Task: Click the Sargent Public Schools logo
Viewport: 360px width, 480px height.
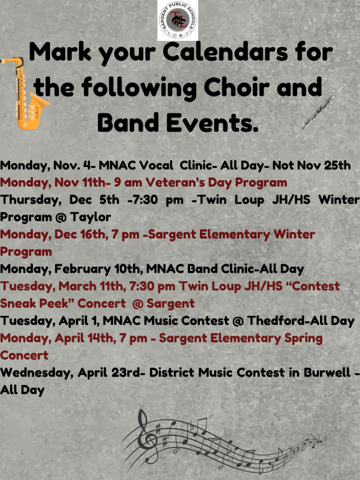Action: pyautogui.click(x=178, y=20)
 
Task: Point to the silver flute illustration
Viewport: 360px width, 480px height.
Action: pyautogui.click(x=324, y=106)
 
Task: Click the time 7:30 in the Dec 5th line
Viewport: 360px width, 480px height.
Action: pyautogui.click(x=143, y=200)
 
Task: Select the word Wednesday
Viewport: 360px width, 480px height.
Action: pyautogui.click(x=36, y=373)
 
